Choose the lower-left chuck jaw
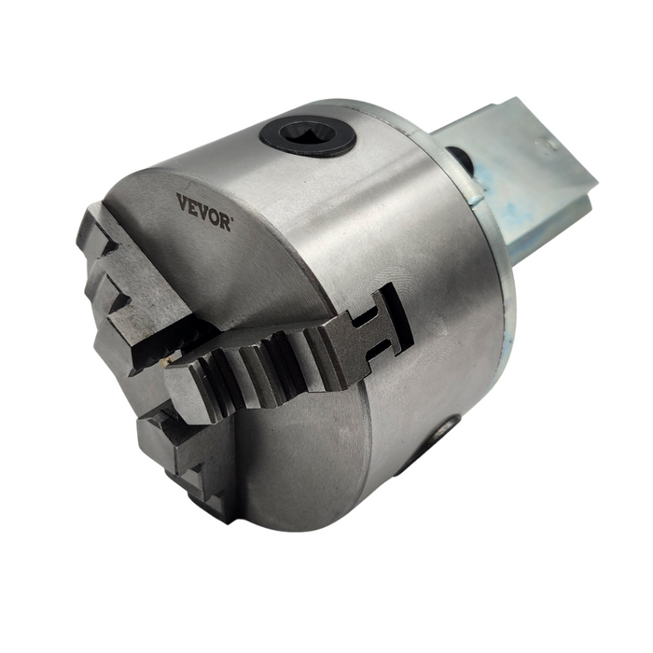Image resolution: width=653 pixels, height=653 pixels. click(x=187, y=457)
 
